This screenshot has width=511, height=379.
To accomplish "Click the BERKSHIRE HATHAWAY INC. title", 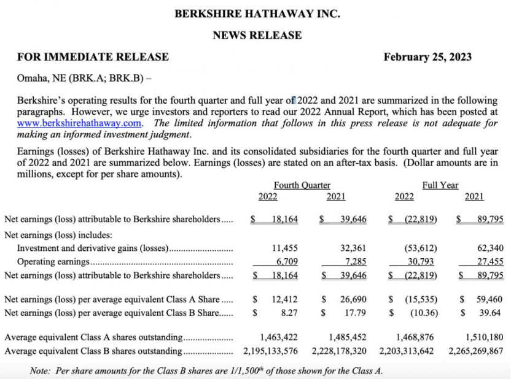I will coord(257,13).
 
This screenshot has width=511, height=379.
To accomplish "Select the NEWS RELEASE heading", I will coord(257,36).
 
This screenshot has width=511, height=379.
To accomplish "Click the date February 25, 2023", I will coord(427,57).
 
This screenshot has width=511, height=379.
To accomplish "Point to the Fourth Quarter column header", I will coord(302,185).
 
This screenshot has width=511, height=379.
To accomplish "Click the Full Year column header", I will coord(440,185).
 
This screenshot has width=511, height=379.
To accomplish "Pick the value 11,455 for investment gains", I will coord(284,248).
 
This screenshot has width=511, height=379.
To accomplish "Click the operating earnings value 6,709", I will coord(286,262).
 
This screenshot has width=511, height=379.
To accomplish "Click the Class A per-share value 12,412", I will coord(284,299).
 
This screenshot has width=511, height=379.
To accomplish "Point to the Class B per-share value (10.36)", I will coord(423,313).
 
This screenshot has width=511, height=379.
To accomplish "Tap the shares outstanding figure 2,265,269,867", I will coord(476,351).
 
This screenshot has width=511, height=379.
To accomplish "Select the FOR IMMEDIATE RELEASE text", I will coord(93,57).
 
